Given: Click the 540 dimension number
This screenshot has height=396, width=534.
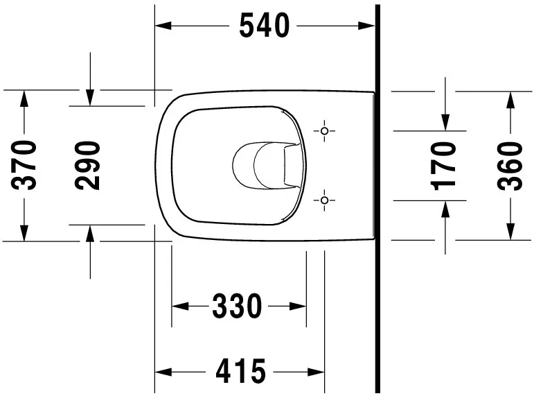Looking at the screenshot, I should click(264, 26).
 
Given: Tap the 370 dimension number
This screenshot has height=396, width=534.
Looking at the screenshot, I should click(25, 165).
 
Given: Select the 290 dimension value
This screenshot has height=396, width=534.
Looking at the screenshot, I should click(89, 165).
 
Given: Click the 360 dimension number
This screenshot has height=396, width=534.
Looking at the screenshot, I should click(510, 165).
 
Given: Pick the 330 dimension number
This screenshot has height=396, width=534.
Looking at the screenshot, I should click(238, 306).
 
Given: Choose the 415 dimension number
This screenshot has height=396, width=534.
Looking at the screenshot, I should click(240, 372).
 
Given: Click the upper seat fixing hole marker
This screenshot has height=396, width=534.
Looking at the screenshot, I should click(323, 130).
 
